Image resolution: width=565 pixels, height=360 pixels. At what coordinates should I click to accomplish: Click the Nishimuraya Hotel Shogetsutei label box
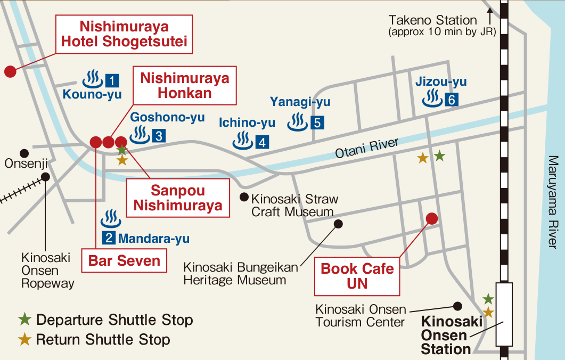pyautogui.click(x=124, y=34)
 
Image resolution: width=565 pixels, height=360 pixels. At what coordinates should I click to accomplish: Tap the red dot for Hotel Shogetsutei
pyautogui.click(x=10, y=71)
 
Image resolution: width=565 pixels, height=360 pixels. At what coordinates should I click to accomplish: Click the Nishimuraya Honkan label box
pyautogui.click(x=184, y=85)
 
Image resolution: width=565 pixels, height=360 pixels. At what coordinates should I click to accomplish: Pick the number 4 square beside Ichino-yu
pyautogui.click(x=262, y=142)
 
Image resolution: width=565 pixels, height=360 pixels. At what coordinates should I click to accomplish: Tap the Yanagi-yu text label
pyautogui.click(x=300, y=102)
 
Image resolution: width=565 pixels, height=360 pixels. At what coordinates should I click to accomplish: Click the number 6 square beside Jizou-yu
pyautogui.click(x=452, y=100)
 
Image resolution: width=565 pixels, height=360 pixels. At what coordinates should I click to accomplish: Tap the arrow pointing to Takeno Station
pyautogui.click(x=490, y=14)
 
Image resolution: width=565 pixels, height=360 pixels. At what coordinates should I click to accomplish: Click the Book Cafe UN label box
pyautogui.click(x=357, y=276)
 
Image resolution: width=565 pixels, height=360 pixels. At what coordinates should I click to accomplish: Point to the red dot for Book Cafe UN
pyautogui.click(x=432, y=218)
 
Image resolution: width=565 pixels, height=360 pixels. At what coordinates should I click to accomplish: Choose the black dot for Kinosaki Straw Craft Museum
pyautogui.click(x=244, y=197)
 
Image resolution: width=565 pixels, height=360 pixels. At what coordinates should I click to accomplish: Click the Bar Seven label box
pyautogui.click(x=124, y=261)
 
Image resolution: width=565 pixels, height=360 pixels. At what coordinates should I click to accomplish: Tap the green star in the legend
pyautogui.click(x=24, y=320)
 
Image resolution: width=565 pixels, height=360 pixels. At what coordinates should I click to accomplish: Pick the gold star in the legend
pyautogui.click(x=24, y=339)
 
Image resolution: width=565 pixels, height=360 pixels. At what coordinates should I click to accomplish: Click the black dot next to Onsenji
pyautogui.click(x=24, y=153)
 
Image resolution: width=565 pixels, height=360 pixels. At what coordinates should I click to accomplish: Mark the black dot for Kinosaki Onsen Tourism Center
pyautogui.click(x=457, y=306)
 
